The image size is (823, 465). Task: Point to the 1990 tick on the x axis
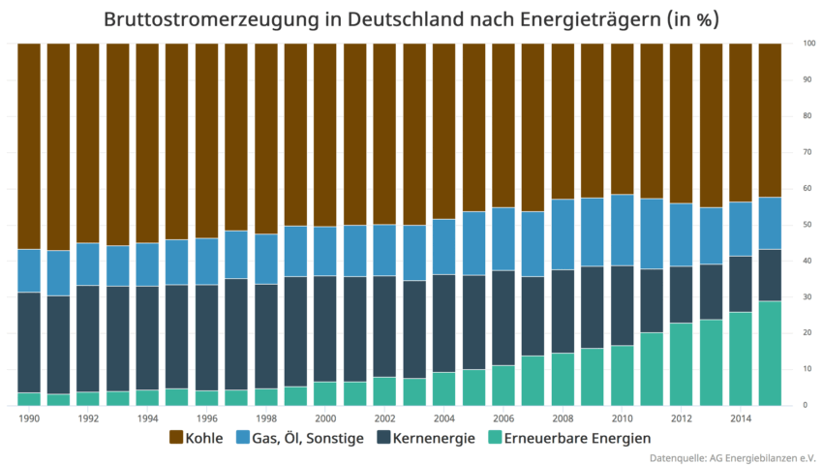(29, 418)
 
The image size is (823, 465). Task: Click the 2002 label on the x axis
(384, 418)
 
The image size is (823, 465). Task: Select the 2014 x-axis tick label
(740, 418)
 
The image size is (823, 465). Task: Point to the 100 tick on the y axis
(808, 44)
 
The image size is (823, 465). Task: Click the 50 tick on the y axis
(807, 225)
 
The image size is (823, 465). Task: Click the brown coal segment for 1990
(29, 145)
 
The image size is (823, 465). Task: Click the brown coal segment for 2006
(503, 125)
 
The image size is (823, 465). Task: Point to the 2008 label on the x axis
(563, 418)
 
